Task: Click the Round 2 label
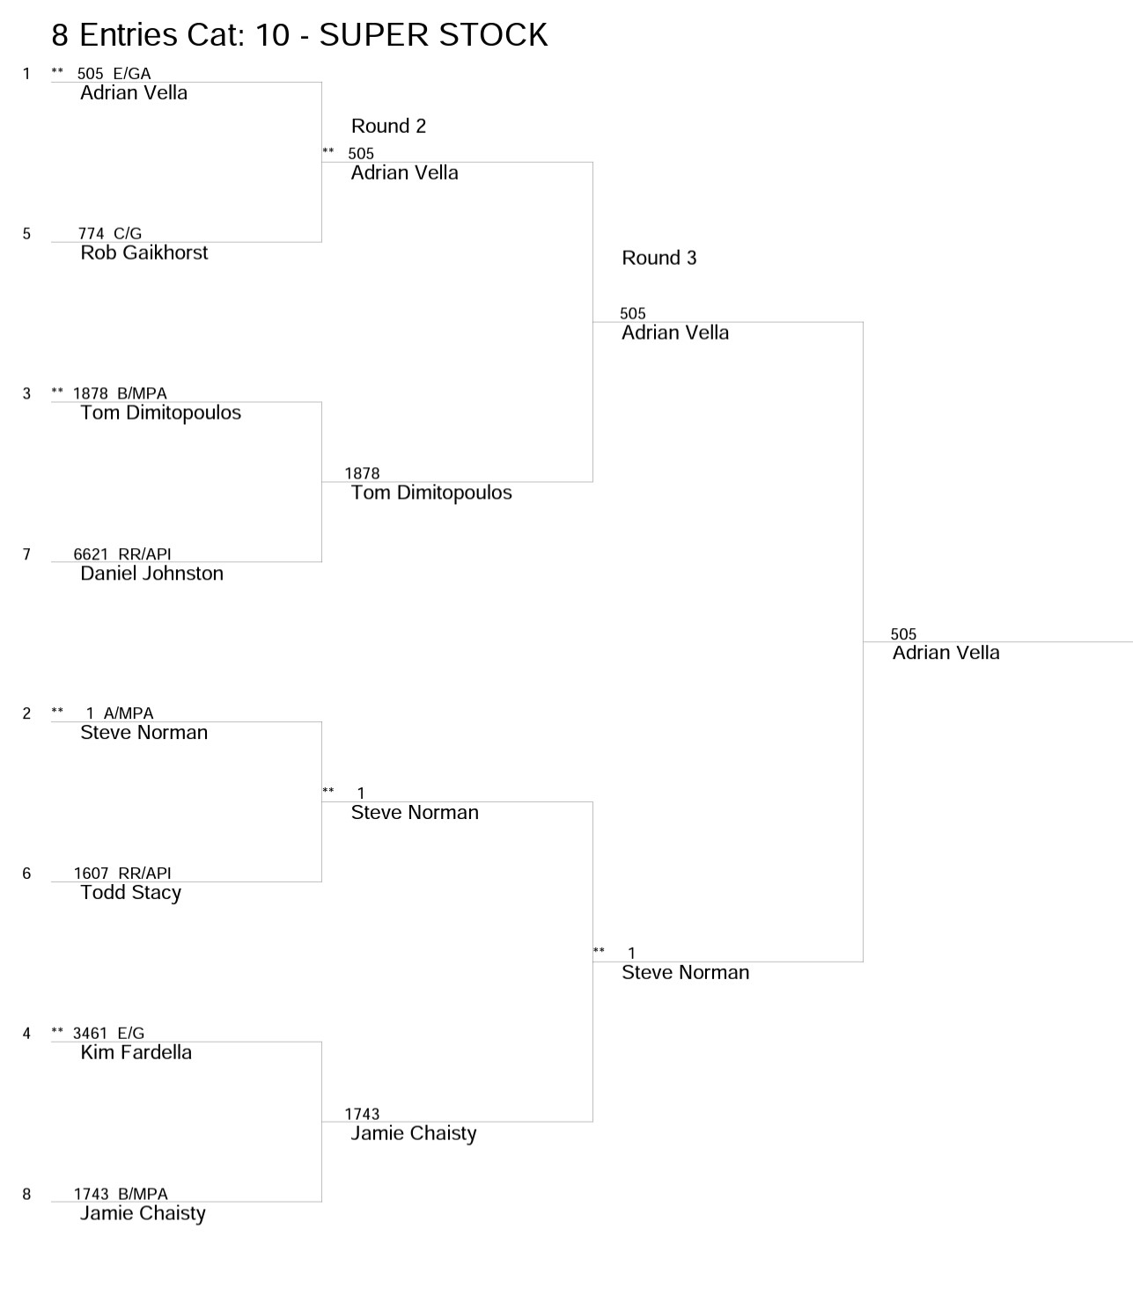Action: pos(388,126)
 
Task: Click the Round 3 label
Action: pos(659,258)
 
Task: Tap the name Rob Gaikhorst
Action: pos(143,252)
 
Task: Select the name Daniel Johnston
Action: pos(151,574)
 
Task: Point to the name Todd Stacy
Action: pos(130,893)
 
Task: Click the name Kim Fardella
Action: pos(136,1052)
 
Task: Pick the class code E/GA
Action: pos(132,74)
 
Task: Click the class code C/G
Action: pos(128,233)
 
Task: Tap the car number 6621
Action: pos(91,554)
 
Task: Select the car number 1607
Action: pos(91,874)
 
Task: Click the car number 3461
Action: pos(91,1034)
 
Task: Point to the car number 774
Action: pos(91,233)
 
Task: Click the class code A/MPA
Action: pos(129,713)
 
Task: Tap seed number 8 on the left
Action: pos(26,1195)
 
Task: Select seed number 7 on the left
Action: pos(26,554)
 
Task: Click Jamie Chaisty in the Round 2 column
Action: pos(414,1133)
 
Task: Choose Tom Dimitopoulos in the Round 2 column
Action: pos(431,494)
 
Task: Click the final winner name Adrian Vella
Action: pos(945,653)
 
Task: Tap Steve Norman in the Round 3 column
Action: pos(685,972)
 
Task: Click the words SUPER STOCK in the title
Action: pos(433,35)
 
